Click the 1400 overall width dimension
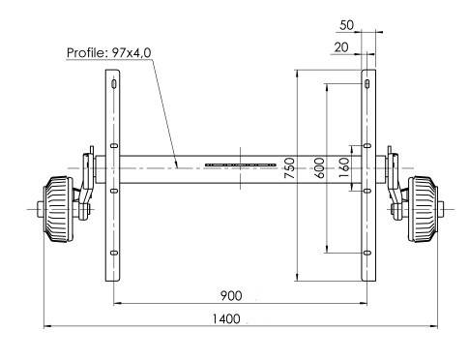pos(226,319)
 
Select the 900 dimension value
pos(231,296)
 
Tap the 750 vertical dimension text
pos(289,168)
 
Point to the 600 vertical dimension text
pos(319,167)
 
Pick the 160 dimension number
pos(344,167)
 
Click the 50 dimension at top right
pos(346,25)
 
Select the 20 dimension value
pos(341,47)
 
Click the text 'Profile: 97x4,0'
pos(108,52)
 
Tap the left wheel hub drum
pos(57,209)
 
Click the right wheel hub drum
pos(424,209)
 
